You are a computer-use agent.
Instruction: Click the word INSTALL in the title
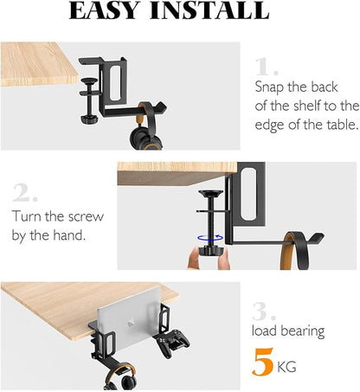click(209, 10)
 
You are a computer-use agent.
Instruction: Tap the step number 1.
click(267, 67)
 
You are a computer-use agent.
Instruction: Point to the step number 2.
click(25, 192)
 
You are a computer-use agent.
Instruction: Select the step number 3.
click(264, 312)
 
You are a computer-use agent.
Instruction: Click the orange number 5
click(262, 362)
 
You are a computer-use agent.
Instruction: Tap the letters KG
click(286, 367)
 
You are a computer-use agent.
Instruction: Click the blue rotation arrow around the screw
click(210, 238)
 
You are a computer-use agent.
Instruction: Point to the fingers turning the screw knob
click(209, 259)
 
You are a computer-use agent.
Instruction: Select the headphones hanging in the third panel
click(119, 378)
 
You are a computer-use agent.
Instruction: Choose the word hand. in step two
click(69, 235)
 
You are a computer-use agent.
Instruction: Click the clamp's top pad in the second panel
click(210, 193)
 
